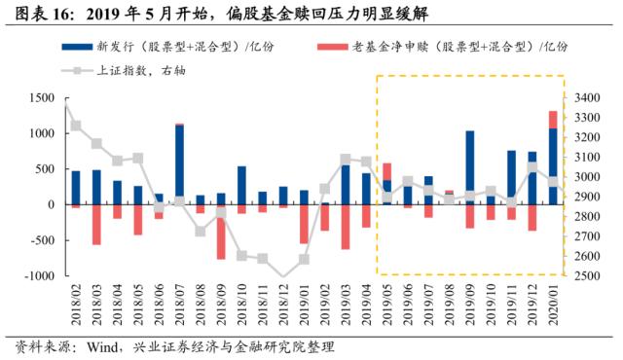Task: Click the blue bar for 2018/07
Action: tap(179, 164)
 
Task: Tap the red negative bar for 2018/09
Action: tap(221, 232)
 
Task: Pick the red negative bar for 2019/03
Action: tap(346, 227)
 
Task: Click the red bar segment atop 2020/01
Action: tap(553, 120)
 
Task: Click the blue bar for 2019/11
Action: tap(511, 177)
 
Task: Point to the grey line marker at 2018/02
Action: tap(76, 126)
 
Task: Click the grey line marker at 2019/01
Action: tap(304, 259)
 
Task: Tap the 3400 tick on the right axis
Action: tap(590, 98)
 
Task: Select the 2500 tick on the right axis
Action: tap(590, 276)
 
